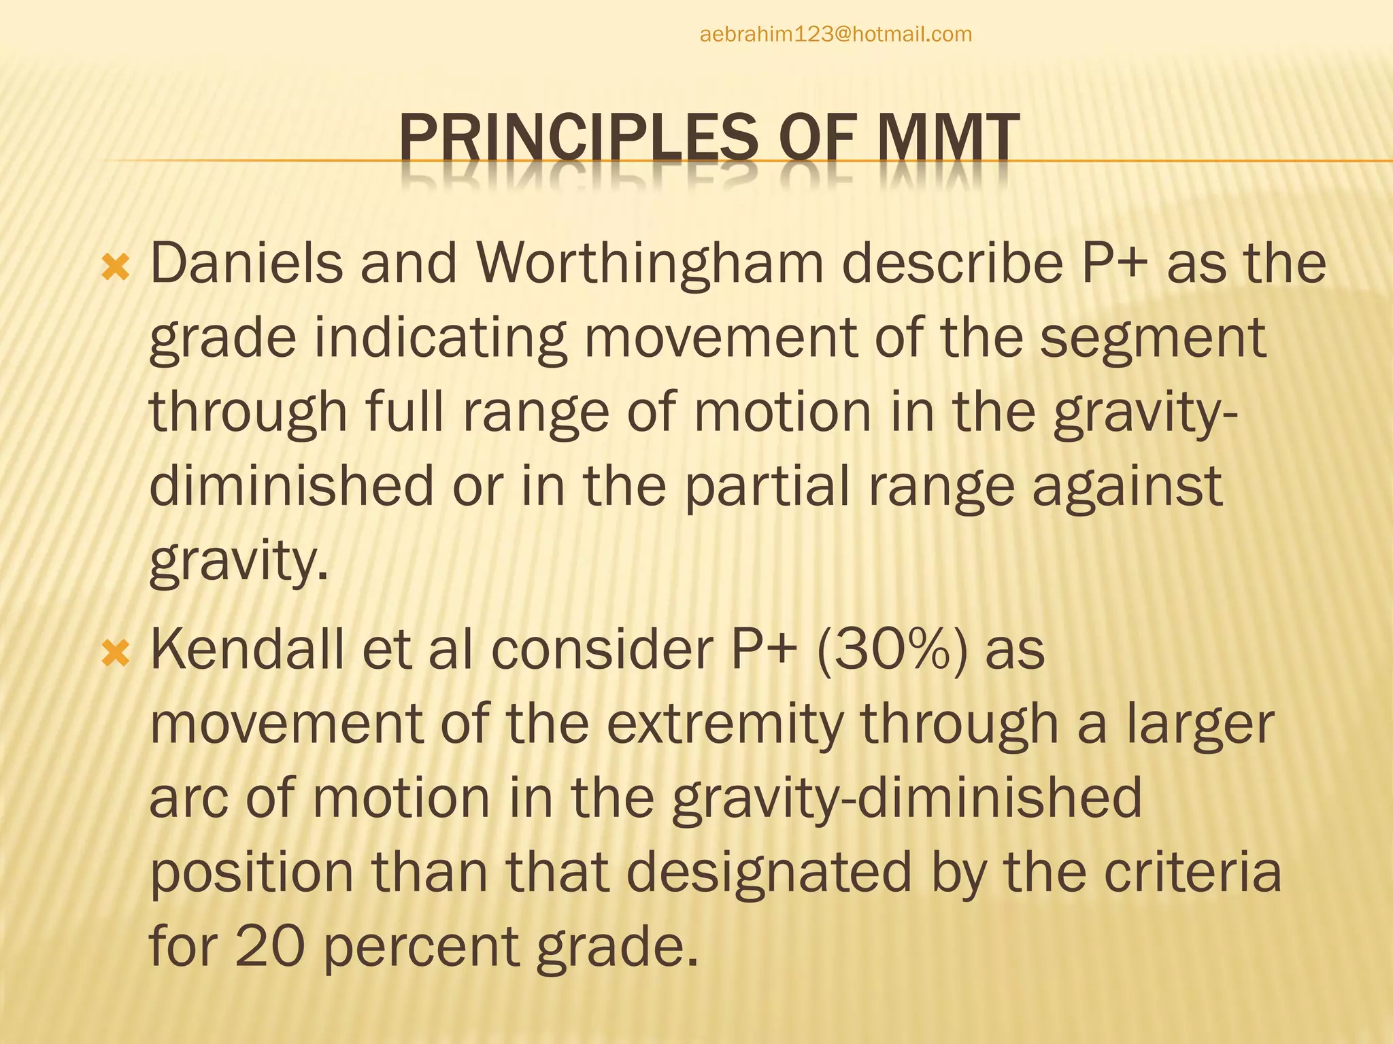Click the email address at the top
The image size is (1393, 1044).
coord(835,34)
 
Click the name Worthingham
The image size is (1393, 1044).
coord(650,264)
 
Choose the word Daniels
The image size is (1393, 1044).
coord(246,264)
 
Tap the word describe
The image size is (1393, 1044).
coord(952,264)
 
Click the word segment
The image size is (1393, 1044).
coord(1153,338)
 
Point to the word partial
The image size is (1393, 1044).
coord(767,486)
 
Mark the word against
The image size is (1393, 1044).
coord(1127,487)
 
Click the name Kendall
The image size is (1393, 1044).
coord(247,650)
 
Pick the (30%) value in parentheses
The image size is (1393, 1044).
coord(892,650)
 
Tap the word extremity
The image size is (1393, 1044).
coord(724,725)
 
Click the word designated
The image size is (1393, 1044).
coord(769,873)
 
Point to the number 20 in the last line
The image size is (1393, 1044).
coord(269,946)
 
